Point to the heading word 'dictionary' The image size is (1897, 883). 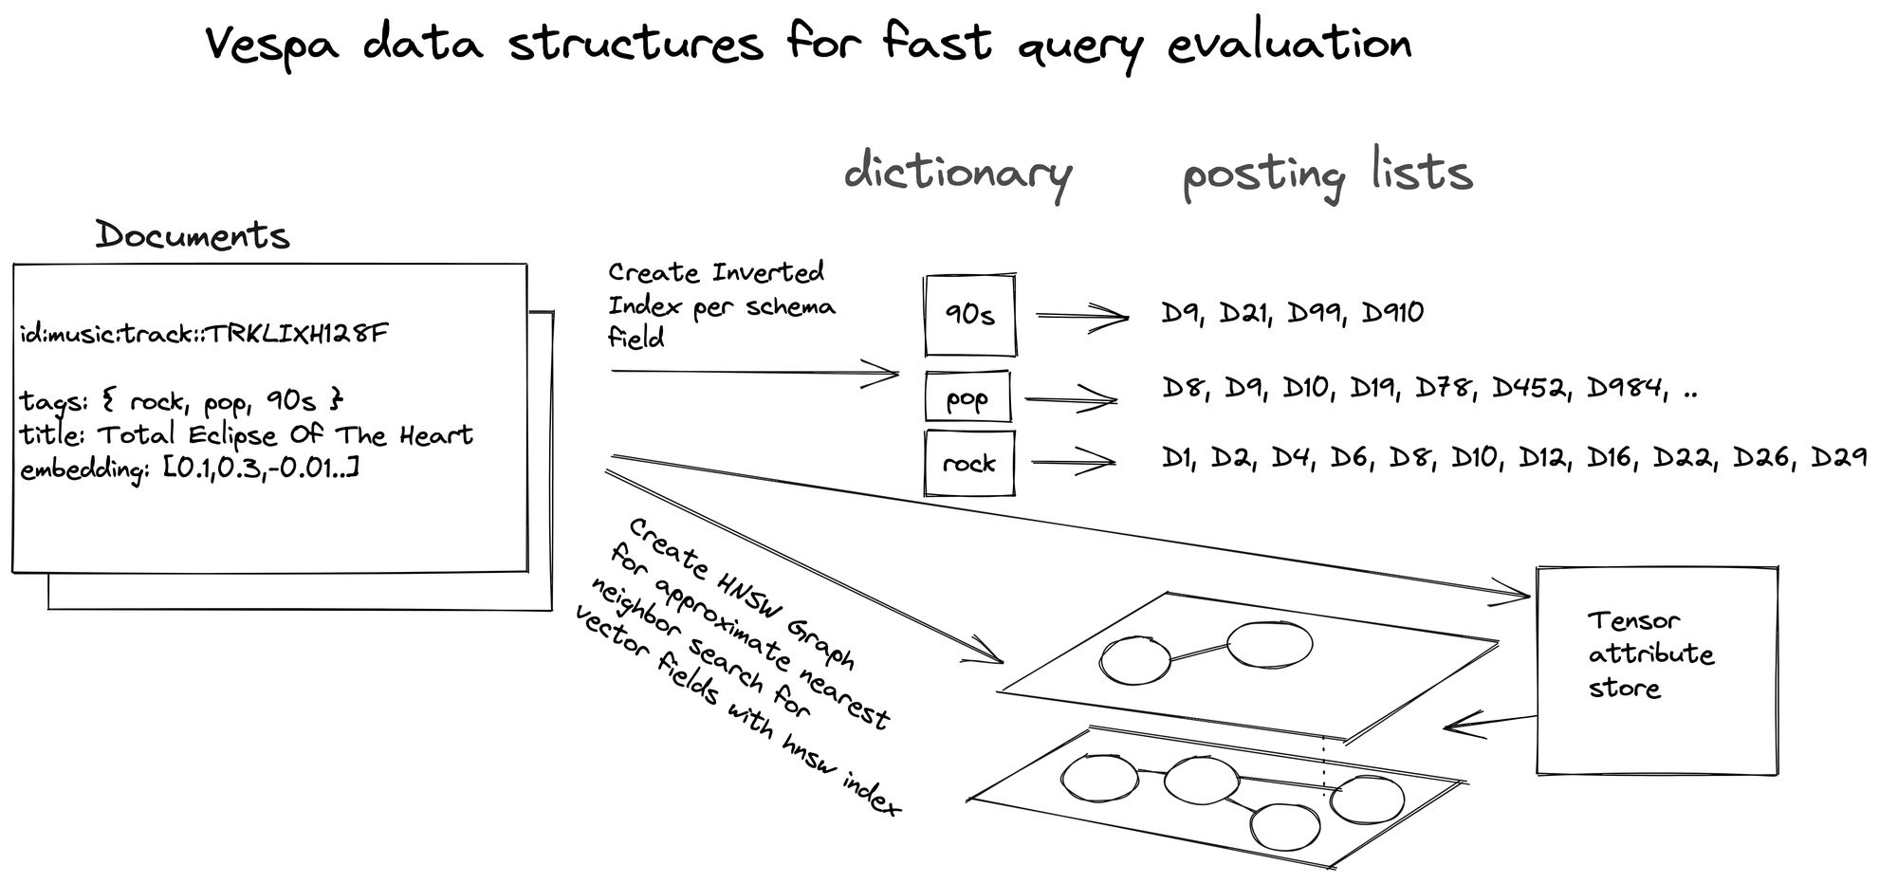(958, 175)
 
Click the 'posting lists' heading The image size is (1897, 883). (1327, 175)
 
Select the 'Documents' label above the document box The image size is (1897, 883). (193, 235)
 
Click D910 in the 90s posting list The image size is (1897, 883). (1392, 313)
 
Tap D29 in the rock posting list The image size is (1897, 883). (1839, 458)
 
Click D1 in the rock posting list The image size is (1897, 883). (1177, 458)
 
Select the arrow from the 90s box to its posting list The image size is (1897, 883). (1082, 317)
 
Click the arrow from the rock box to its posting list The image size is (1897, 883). (1073, 463)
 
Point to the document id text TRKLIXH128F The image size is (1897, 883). (297, 334)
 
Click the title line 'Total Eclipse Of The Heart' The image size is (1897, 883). (285, 434)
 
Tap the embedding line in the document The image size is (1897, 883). (189, 469)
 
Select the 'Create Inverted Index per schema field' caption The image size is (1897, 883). (722, 305)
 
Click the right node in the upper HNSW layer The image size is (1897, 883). (1270, 643)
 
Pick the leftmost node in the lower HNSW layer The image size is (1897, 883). (1100, 780)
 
